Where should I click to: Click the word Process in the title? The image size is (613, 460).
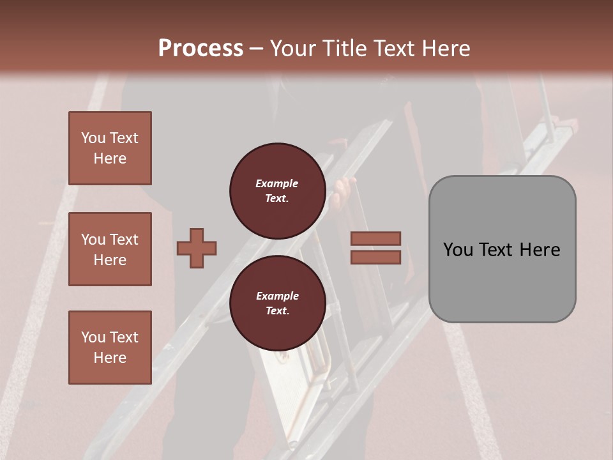(201, 49)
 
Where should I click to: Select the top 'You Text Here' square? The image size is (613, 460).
(110, 148)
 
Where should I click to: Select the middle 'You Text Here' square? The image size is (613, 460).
(110, 249)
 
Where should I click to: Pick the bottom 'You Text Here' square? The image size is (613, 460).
(110, 348)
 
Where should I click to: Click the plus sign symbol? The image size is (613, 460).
(197, 248)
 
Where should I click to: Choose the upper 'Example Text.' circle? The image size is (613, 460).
(277, 191)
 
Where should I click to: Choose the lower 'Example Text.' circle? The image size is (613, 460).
(277, 303)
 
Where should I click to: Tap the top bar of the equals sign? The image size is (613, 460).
(375, 238)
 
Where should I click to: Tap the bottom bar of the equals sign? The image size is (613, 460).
(375, 257)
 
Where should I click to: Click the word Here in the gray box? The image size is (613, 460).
(540, 250)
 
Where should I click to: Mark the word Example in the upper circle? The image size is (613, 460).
(277, 184)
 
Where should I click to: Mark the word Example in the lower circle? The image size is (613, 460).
(277, 296)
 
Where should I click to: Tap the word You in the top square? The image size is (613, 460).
(93, 138)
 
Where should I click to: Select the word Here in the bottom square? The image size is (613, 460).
(110, 358)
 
